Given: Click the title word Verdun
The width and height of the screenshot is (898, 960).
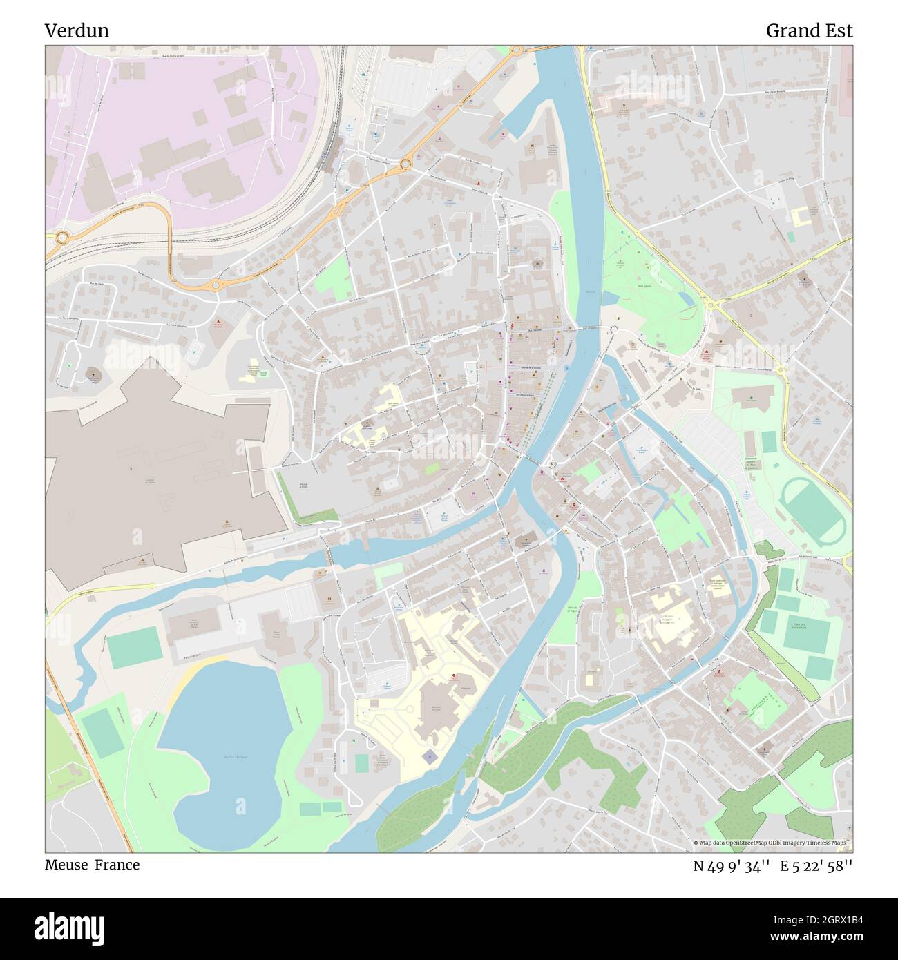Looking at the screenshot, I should pyautogui.click(x=77, y=31).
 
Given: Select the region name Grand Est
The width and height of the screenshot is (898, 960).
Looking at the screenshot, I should pyautogui.click(x=809, y=31).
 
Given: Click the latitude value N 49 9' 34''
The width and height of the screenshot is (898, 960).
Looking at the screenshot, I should pyautogui.click(x=732, y=866).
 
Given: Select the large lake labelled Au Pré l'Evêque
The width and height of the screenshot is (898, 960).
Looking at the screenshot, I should pyautogui.click(x=221, y=739).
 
